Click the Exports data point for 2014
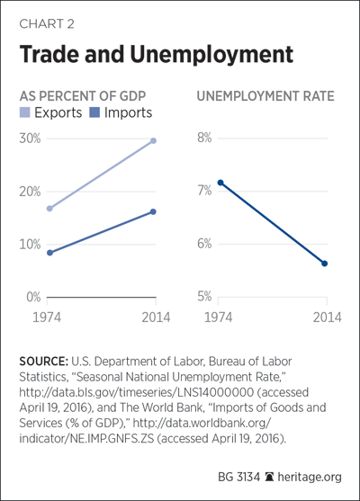(153, 140)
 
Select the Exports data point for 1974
(49, 209)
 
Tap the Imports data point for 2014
(153, 211)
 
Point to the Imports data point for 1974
(49, 253)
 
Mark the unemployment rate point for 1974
(220, 183)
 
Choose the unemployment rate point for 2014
(325, 264)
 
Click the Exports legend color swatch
(24, 112)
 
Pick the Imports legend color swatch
(94, 112)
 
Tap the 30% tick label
(30, 139)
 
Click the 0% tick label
(33, 297)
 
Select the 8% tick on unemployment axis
(204, 138)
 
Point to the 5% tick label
(204, 297)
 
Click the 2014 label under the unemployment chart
(327, 318)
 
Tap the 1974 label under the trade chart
(47, 318)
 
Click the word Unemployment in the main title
(211, 55)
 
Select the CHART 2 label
(47, 24)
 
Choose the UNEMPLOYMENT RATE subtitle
(265, 96)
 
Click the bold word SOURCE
(43, 362)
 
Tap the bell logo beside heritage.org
(269, 477)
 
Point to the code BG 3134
(238, 477)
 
